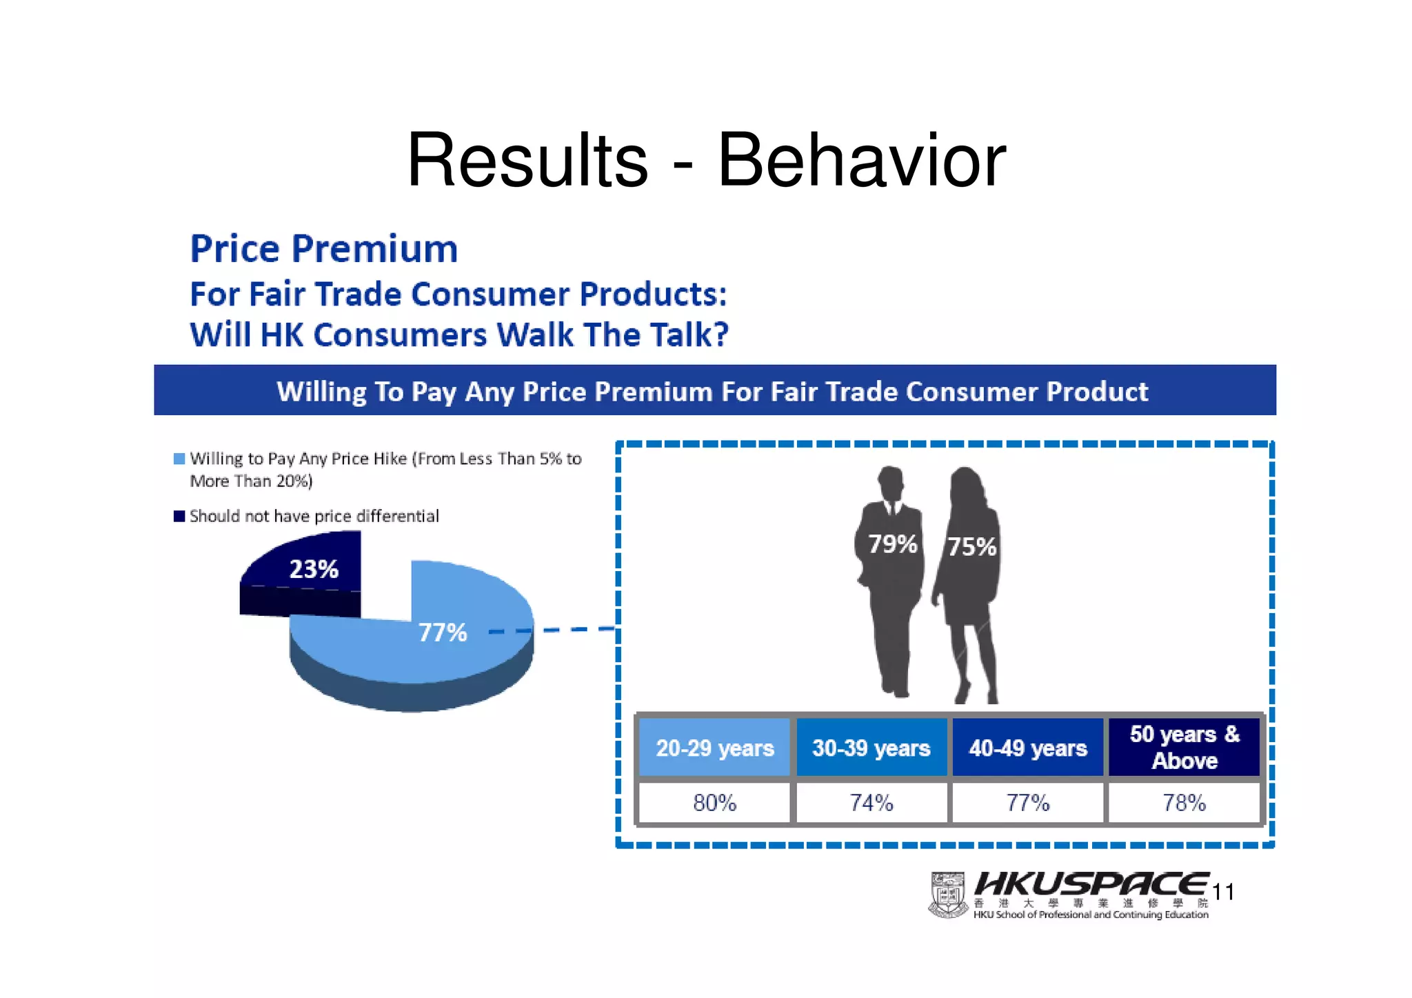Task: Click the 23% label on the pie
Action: [314, 569]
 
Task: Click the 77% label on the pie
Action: [443, 632]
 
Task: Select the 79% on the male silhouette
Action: [892, 544]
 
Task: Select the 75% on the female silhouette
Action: [971, 547]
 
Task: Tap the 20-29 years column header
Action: [714, 748]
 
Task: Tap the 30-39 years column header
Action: [871, 748]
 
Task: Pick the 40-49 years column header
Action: [1028, 748]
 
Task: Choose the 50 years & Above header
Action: [1184, 747]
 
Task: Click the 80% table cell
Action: [714, 803]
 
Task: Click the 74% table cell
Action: [871, 803]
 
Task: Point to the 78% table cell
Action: [1184, 803]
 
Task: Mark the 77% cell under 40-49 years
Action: [1028, 803]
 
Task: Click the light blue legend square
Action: [179, 459]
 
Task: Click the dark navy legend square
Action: [179, 516]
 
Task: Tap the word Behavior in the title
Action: [862, 161]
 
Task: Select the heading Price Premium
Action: [324, 249]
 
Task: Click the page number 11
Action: [1223, 892]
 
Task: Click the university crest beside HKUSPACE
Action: [949, 895]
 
